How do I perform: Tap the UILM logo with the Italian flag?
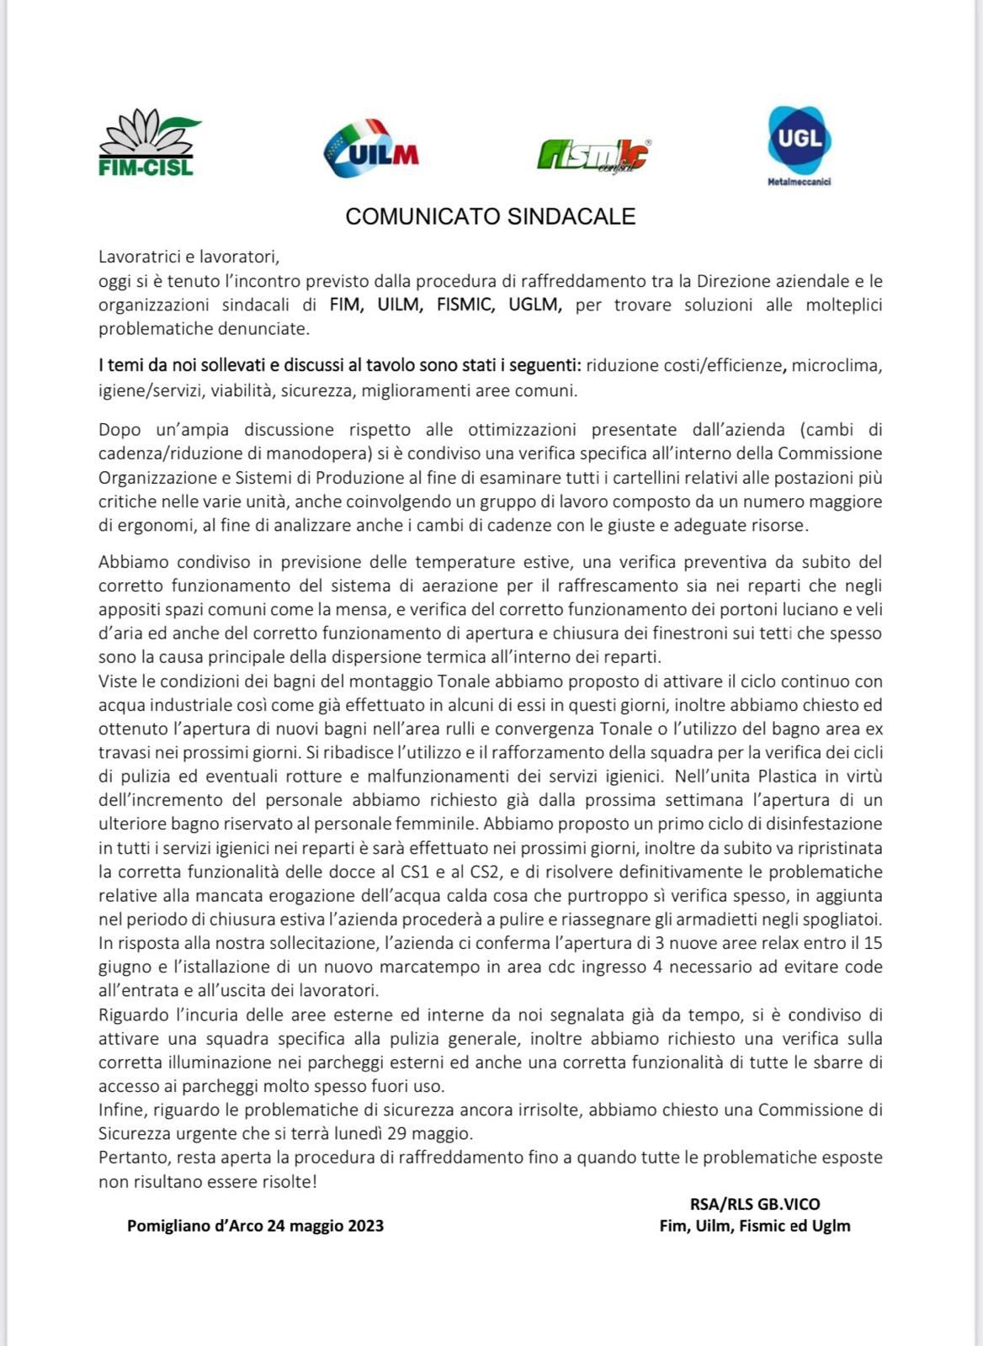(x=370, y=148)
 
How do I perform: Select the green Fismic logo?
(x=593, y=154)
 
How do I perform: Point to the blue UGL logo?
(x=799, y=139)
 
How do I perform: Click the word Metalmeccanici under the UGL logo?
(x=799, y=182)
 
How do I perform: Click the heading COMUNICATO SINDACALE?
(x=490, y=217)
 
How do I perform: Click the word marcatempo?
(x=447, y=967)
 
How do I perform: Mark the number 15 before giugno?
(x=873, y=943)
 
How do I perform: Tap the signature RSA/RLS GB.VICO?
(x=754, y=1204)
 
